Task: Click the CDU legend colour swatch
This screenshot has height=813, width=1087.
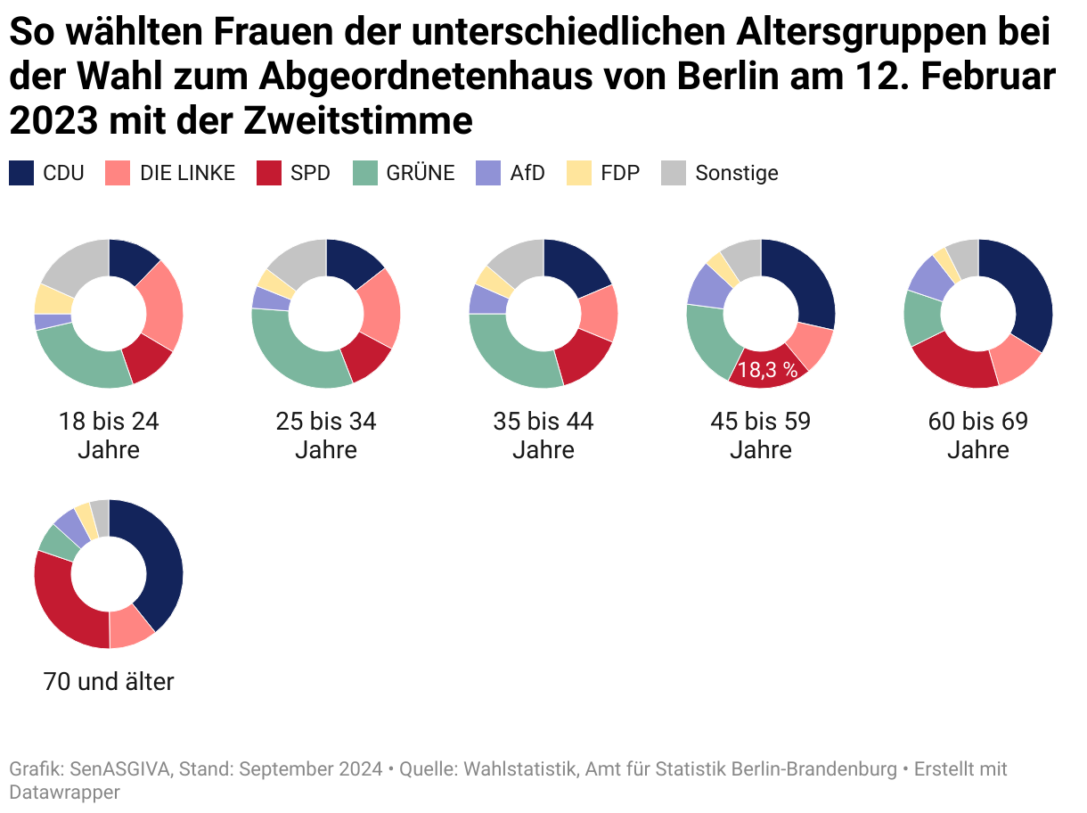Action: coord(21,173)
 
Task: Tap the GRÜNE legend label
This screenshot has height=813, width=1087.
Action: coord(421,173)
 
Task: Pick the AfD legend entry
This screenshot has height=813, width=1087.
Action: coord(527,173)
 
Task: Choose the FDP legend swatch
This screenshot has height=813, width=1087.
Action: coord(579,173)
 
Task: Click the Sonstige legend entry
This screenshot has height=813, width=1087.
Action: coord(736,173)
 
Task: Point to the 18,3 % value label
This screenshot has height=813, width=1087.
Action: coord(767,370)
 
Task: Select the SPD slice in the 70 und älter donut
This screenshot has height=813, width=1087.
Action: coord(62,606)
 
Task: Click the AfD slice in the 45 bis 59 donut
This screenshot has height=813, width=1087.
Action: coord(707,284)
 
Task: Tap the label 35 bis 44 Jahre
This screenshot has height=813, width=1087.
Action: coord(543,435)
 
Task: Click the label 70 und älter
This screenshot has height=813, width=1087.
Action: coord(109,682)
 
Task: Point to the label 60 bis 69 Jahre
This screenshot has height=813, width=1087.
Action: coord(978,435)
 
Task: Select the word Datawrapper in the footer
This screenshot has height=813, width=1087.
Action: coord(64,792)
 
